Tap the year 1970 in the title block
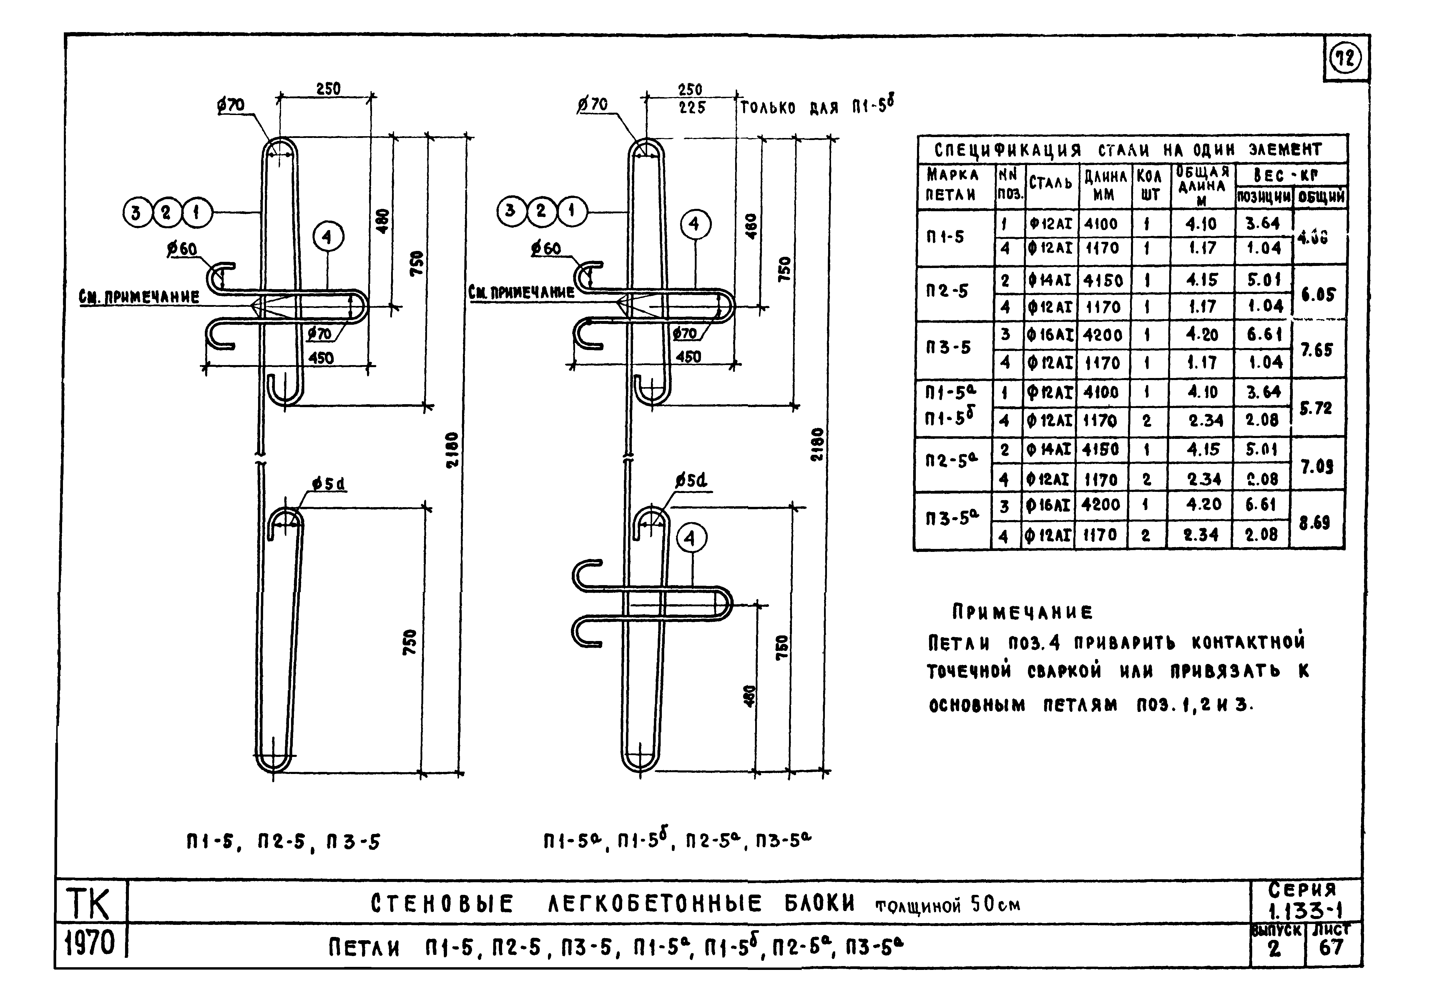(91, 944)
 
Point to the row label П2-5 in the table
(947, 291)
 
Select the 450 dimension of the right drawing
(688, 357)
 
